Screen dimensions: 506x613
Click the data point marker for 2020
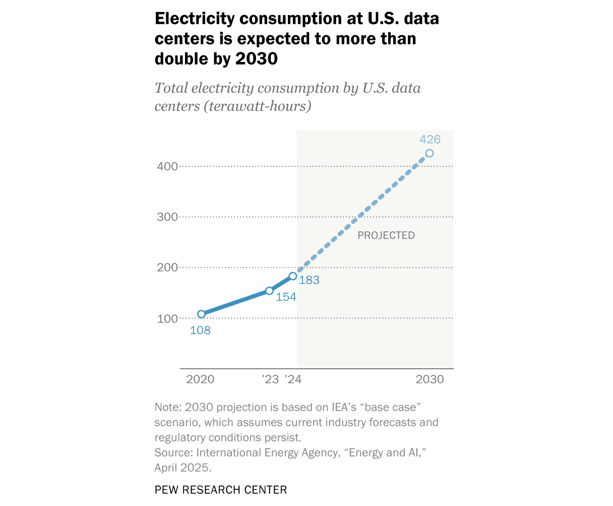201,314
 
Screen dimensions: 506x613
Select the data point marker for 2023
269,291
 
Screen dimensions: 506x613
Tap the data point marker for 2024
293,276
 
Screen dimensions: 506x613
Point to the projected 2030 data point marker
430,153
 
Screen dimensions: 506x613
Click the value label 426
430,140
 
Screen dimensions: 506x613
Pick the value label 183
309,281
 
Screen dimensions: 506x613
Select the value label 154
286,297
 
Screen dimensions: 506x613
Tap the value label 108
200,331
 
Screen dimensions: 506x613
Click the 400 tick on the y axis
168,166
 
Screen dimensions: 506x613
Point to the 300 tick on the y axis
168,217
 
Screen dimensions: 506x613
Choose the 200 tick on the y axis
168,268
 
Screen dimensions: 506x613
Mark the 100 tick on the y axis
168,319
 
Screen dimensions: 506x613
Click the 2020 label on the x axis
200,379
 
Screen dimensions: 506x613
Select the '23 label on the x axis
270,379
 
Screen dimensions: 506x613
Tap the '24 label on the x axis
293,379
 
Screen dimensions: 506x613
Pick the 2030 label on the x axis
430,379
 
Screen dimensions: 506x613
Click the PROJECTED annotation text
386,235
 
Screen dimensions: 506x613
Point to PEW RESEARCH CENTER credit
221,490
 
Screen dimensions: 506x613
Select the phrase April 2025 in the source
181,468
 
